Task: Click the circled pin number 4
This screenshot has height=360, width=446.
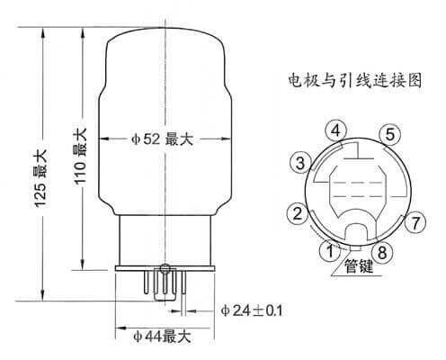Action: pos(336,130)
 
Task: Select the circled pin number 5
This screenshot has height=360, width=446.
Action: pos(389,134)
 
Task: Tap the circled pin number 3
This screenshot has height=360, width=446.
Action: pos(300,163)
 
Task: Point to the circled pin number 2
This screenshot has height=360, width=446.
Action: pos(298,213)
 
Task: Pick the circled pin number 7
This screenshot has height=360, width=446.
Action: pos(415,223)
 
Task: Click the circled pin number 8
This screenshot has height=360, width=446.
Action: pos(382,252)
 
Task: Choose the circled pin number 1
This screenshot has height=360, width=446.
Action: pos(330,250)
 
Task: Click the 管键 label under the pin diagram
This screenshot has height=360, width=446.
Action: pos(359,266)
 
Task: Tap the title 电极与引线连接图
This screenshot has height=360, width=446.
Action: pos(355,80)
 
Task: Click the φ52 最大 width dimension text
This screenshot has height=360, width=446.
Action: pos(162,139)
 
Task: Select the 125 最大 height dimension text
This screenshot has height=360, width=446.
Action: pos(40,179)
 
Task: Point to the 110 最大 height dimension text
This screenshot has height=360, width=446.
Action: pos(80,157)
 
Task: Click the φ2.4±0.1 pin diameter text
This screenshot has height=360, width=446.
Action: pos(252,310)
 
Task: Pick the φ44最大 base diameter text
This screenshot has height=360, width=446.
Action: pos(162,337)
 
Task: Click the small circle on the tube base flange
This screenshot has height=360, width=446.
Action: pos(165,268)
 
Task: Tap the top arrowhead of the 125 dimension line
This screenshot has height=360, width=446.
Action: pos(43,32)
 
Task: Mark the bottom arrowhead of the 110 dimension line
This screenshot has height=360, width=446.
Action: pos(83,265)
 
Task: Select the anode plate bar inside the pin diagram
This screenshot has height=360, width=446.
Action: pos(359,157)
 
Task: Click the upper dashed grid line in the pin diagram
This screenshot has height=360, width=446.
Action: pos(359,182)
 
